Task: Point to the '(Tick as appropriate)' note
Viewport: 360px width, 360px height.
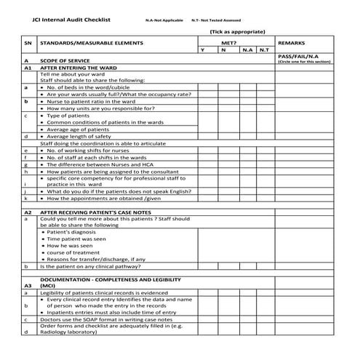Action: coord(238,32)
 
